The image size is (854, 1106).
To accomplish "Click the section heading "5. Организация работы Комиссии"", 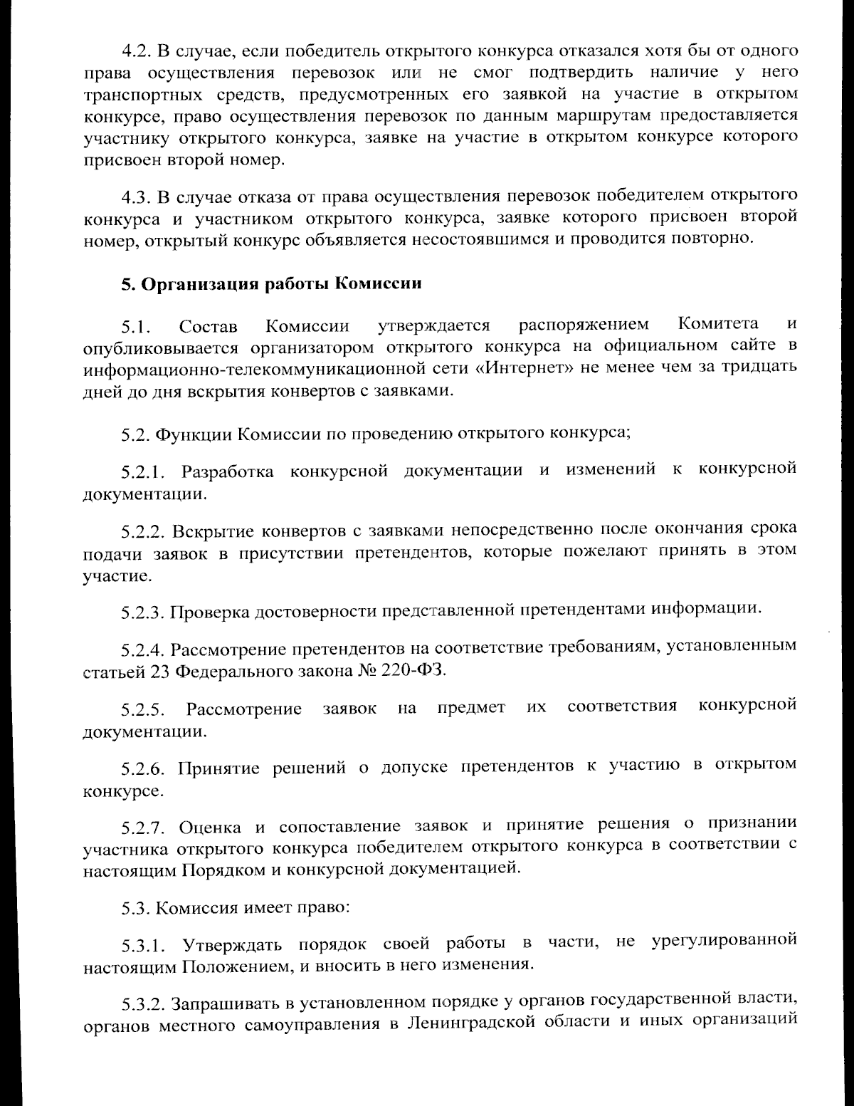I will [271, 284].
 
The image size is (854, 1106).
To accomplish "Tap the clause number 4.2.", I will [135, 51].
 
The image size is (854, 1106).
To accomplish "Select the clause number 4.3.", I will [135, 196].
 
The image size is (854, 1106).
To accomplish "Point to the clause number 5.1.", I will [135, 328].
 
